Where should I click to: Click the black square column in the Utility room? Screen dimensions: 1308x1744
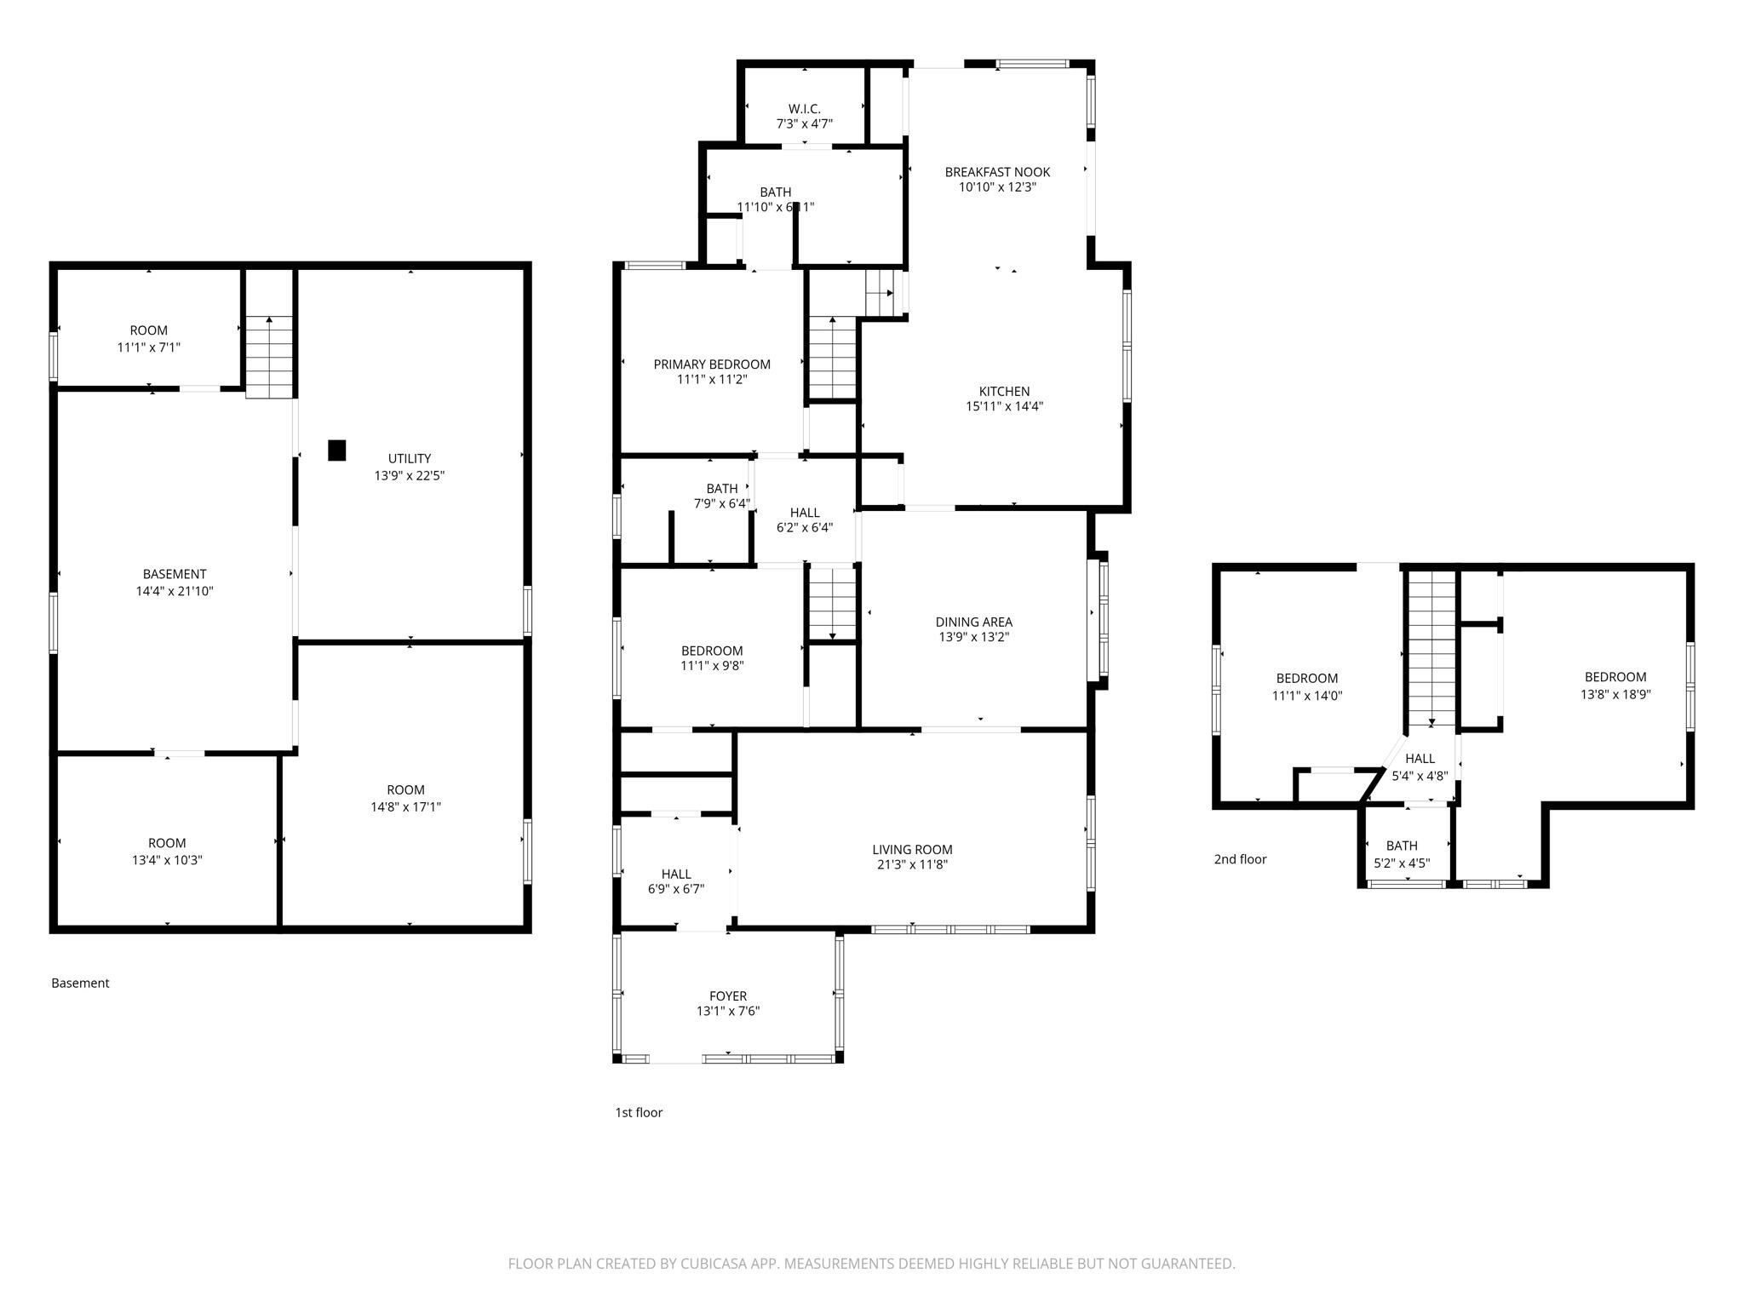click(x=337, y=450)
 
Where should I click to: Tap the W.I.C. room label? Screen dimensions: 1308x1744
click(x=804, y=109)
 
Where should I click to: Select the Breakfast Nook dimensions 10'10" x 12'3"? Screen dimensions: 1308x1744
click(x=997, y=187)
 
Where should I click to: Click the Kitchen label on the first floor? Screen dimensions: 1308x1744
click(x=1004, y=392)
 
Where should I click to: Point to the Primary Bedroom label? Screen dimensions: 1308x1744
click(x=712, y=364)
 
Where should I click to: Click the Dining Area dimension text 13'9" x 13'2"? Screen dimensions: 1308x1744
click(x=973, y=637)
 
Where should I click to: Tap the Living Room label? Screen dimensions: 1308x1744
click(x=912, y=849)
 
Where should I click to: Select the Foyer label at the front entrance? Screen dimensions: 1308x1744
click(x=728, y=995)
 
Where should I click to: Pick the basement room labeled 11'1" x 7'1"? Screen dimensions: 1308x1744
click(x=149, y=338)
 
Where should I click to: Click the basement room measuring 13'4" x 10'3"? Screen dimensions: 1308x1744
click(x=167, y=851)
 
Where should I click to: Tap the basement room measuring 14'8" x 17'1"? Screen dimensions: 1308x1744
click(x=405, y=798)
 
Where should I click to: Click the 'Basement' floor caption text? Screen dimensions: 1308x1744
click(x=80, y=983)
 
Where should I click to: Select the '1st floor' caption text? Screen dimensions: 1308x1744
click(x=639, y=1112)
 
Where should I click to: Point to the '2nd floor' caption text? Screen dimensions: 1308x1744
click(x=1240, y=859)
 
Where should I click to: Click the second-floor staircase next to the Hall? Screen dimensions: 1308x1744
click(x=1431, y=647)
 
